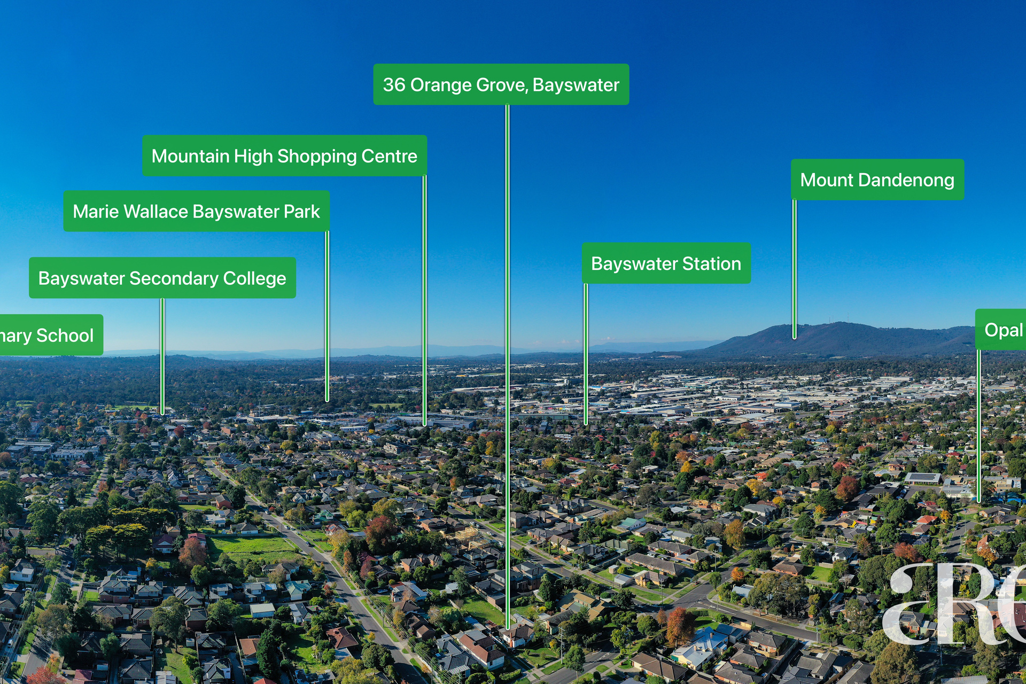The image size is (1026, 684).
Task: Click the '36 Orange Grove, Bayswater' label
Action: [x=501, y=84]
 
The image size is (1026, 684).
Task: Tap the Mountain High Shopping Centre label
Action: [x=284, y=156]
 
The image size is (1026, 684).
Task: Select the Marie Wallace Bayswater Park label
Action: [x=196, y=211]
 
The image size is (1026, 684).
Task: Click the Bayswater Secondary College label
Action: [x=162, y=278]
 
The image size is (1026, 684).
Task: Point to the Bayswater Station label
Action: [x=666, y=263]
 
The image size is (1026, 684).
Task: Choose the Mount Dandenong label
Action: [x=877, y=180]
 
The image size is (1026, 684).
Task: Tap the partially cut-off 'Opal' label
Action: [x=1002, y=330]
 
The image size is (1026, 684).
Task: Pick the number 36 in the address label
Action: [x=394, y=84]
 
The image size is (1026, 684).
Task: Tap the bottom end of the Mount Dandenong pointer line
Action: [x=795, y=337]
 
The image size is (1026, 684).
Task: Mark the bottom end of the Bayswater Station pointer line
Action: [x=586, y=423]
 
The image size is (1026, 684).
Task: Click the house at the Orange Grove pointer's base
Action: [x=516, y=635]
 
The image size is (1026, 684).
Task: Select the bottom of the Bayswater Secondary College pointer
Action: [x=162, y=413]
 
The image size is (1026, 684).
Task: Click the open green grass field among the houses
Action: [x=251, y=547]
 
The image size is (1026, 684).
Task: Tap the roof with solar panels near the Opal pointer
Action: [x=922, y=477]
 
